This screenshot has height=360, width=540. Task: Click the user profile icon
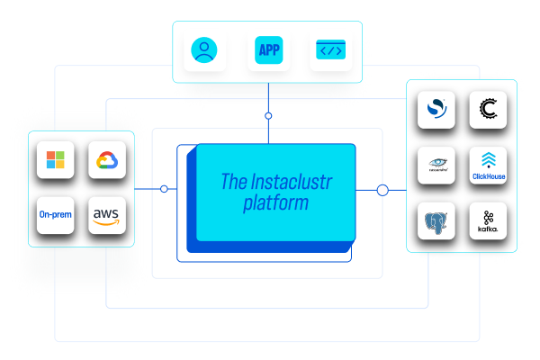(x=206, y=50)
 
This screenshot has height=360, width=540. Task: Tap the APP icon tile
(x=268, y=50)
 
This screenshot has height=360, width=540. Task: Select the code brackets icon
(x=330, y=50)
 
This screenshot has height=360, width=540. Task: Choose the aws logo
(x=109, y=215)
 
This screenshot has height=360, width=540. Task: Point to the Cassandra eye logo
(x=436, y=166)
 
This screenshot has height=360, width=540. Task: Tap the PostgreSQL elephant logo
(x=436, y=220)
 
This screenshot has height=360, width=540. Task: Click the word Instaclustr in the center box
(x=286, y=181)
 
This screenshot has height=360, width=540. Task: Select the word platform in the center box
(x=275, y=203)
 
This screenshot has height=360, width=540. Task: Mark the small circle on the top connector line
(x=267, y=116)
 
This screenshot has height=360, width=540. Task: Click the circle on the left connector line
(x=164, y=189)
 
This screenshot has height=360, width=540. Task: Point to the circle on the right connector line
(x=382, y=190)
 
